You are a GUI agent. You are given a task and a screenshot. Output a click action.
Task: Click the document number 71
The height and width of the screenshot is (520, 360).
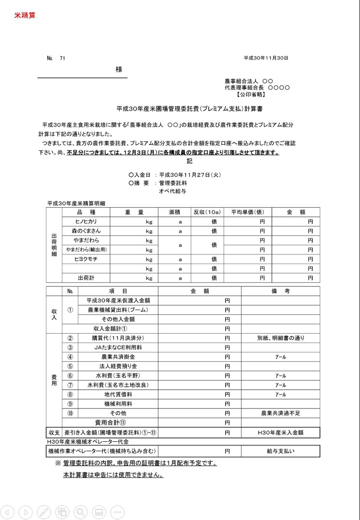tap(62, 58)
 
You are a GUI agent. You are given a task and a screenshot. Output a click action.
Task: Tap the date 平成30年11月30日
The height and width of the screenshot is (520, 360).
tap(266, 58)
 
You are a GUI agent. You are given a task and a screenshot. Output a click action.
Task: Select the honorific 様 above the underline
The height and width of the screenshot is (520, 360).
tap(119, 70)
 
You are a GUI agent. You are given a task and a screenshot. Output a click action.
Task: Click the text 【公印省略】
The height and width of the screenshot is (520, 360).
tap(250, 95)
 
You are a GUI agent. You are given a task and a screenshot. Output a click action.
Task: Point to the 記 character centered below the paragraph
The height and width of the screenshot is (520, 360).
tap(189, 161)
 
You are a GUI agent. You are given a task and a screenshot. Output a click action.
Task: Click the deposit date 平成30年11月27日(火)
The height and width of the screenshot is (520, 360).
tap(190, 175)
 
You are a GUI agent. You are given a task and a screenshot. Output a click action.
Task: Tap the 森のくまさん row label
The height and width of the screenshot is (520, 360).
tap(86, 231)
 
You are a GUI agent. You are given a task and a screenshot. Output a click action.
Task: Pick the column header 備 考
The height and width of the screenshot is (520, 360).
tap(280, 291)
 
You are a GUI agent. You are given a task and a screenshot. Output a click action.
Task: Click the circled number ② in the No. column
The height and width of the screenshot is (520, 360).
tap(70, 338)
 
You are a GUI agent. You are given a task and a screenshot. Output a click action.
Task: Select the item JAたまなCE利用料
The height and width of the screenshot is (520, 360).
tap(118, 348)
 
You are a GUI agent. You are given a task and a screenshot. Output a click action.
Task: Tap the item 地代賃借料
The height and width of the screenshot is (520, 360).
tap(118, 394)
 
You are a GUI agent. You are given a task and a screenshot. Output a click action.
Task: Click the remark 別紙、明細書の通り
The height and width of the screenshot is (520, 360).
tap(280, 338)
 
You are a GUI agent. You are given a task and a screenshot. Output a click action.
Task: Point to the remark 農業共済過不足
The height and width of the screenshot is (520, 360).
tap(280, 413)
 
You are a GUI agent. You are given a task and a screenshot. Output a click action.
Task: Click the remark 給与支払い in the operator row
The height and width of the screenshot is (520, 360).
tap(280, 451)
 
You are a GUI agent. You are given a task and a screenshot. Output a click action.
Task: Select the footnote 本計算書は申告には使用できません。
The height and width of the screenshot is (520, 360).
tap(113, 475)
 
